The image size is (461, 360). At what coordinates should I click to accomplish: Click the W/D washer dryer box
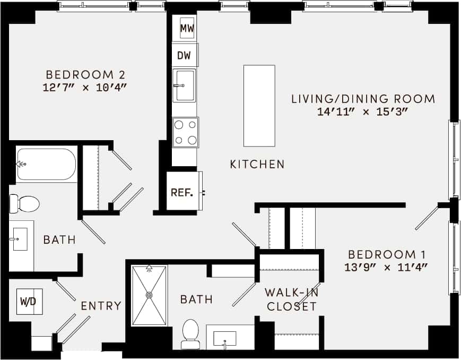[x=30, y=302]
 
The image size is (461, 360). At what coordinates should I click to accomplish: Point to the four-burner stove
[x=185, y=132]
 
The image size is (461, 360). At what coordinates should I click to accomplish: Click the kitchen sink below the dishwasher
[x=184, y=85]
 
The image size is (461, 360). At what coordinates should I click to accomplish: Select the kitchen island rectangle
[x=259, y=106]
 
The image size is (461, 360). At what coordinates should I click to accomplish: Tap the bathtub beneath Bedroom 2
[x=47, y=164]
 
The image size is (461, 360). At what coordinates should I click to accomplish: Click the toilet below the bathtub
[x=25, y=203]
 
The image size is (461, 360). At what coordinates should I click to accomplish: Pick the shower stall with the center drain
[x=149, y=295]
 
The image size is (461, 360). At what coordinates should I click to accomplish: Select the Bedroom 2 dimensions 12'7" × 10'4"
[x=85, y=88]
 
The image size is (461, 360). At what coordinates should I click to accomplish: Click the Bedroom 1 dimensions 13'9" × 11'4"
[x=386, y=267]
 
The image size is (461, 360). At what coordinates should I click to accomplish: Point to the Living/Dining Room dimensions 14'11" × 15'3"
[x=363, y=112]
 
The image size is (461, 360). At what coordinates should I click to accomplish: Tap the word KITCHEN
[x=257, y=165]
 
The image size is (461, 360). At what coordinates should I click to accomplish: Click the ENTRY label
[x=101, y=306]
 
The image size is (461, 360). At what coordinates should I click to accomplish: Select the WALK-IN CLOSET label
[x=291, y=299]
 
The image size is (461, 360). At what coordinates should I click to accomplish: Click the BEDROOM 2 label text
[x=85, y=74]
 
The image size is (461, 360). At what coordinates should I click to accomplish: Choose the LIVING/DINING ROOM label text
[x=363, y=99]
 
